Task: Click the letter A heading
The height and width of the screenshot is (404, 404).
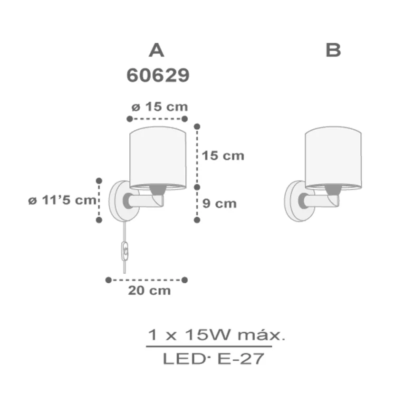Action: [156, 50]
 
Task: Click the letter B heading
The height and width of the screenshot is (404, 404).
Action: [333, 50]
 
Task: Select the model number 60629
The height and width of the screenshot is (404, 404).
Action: [158, 75]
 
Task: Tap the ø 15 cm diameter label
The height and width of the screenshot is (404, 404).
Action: [160, 106]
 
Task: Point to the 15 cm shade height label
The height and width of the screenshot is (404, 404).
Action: [223, 155]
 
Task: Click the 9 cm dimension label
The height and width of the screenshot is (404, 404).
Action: [219, 203]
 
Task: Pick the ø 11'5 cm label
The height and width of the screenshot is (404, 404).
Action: [62, 200]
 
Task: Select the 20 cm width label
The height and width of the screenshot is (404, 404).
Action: [149, 290]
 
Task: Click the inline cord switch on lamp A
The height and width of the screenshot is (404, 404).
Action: [125, 251]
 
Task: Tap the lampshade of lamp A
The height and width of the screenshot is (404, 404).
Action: [158, 158]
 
